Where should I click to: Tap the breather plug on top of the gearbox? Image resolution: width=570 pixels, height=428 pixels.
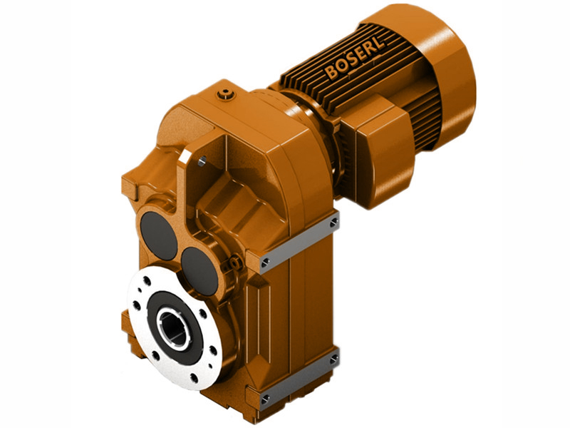227,92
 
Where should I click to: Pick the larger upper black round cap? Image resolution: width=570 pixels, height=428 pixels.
159,235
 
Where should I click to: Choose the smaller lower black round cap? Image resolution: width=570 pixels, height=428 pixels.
201,270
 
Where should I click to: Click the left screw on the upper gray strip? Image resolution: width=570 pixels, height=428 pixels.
265,263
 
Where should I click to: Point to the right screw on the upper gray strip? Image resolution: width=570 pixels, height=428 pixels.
333,223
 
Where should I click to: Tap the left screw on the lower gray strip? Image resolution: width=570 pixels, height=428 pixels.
265,397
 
